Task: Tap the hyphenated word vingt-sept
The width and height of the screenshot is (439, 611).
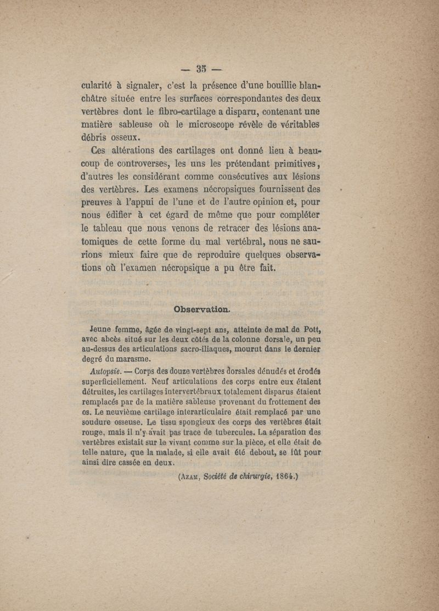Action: click(175, 331)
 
